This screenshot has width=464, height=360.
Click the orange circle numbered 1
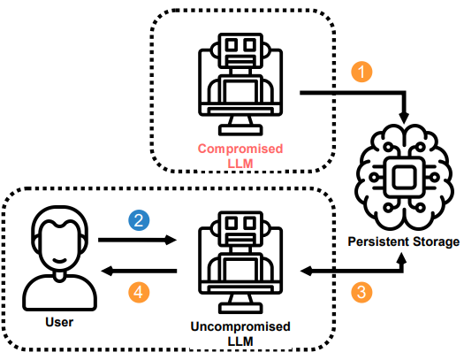pyautogui.click(x=361, y=72)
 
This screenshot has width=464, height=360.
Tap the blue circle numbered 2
pyautogui.click(x=139, y=220)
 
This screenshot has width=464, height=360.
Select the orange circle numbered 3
pyautogui.click(x=361, y=293)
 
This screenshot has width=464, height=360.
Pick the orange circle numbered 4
pyautogui.click(x=139, y=293)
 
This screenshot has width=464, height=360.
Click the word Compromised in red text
pyautogui.click(x=240, y=149)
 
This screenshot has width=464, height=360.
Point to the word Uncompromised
pyautogui.click(x=240, y=327)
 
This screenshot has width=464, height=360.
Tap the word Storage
pyautogui.click(x=437, y=242)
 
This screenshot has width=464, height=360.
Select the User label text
pyautogui.click(x=59, y=322)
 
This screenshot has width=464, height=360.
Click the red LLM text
pyautogui.click(x=240, y=164)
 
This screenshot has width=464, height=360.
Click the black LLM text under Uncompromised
pyautogui.click(x=240, y=341)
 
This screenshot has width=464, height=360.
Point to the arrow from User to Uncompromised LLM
pyautogui.click(x=137, y=240)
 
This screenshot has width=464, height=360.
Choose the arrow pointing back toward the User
pyautogui.click(x=139, y=271)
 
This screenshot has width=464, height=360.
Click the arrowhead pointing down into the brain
pyautogui.click(x=404, y=118)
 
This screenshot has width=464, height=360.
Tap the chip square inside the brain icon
pyautogui.click(x=404, y=177)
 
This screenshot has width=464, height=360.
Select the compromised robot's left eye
pyautogui.click(x=232, y=45)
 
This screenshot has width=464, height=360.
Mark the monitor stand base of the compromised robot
pyautogui.click(x=240, y=130)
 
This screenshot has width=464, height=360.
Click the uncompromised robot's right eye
pyautogui.click(x=250, y=223)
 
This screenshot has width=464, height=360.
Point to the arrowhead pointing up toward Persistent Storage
pyautogui.click(x=402, y=258)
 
